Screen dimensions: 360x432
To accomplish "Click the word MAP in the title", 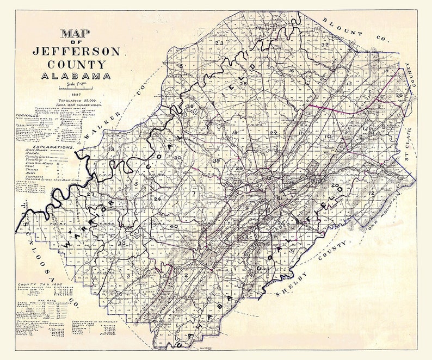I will click(x=76, y=34).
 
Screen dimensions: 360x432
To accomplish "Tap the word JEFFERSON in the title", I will click(x=76, y=52).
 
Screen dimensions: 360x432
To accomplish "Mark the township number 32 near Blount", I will click(x=325, y=45).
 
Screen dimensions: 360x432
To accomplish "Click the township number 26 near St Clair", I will click(x=399, y=95).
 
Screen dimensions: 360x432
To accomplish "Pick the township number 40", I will click(x=174, y=226).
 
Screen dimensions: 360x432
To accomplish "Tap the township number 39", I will click(x=217, y=161).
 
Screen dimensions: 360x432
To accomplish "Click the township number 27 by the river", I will click(x=90, y=194).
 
